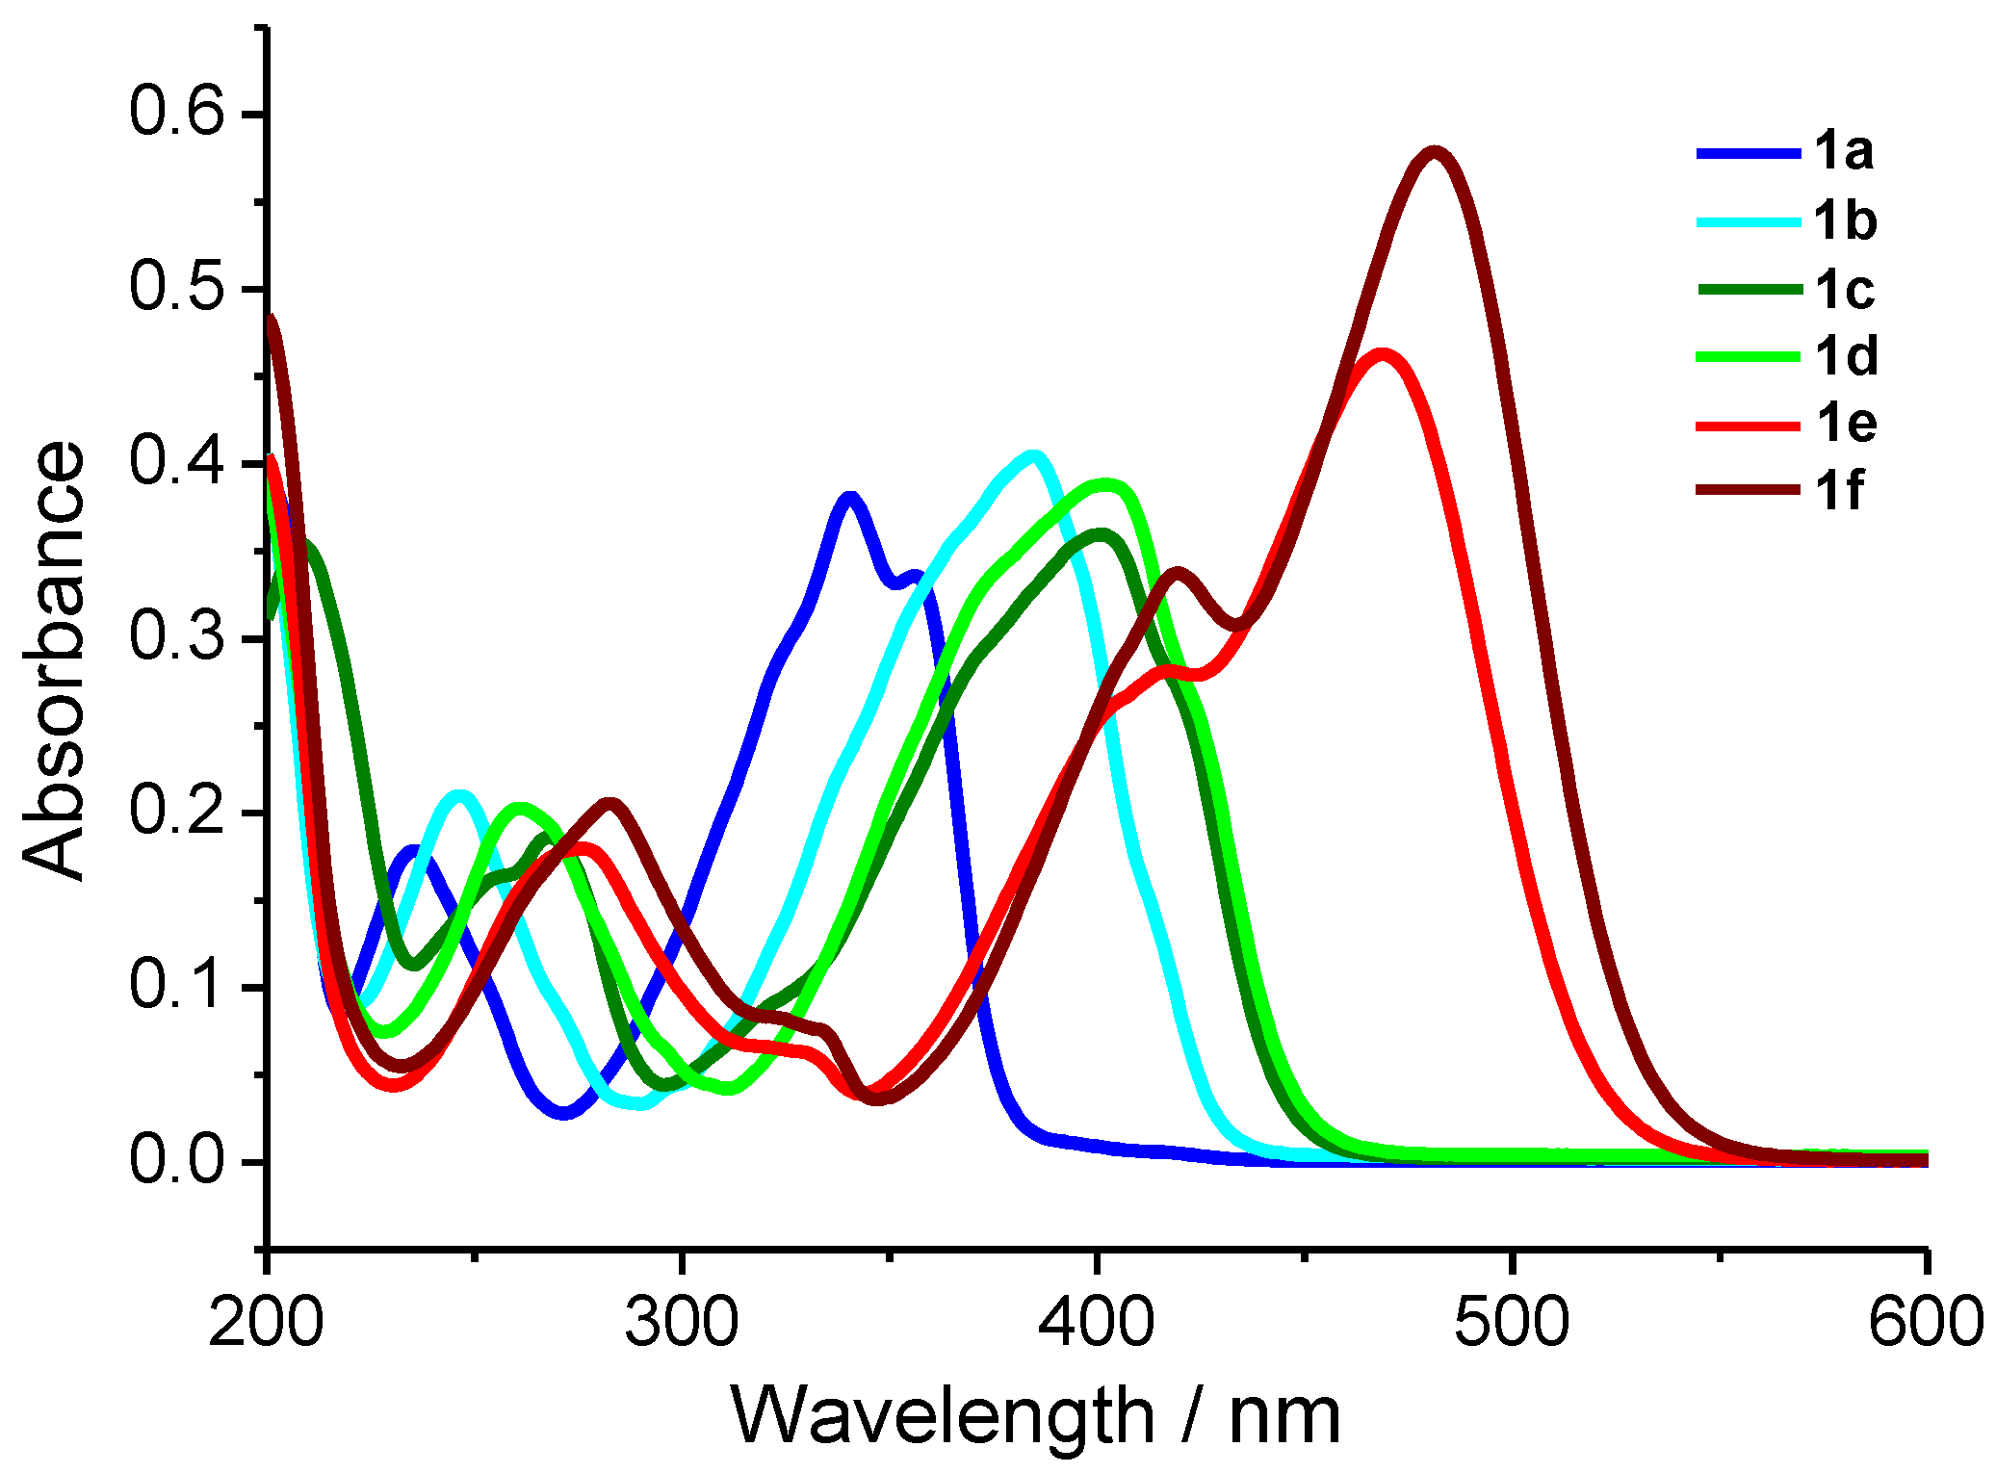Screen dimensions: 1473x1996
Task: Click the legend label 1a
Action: point(1843,152)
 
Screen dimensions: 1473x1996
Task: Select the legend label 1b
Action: point(1845,221)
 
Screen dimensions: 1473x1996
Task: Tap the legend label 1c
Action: point(1845,290)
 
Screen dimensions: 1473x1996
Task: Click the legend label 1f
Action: point(1839,491)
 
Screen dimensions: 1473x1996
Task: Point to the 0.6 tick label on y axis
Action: point(176,113)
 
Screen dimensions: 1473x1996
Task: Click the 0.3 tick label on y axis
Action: point(176,637)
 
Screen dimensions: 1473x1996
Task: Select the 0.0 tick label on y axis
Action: point(176,1161)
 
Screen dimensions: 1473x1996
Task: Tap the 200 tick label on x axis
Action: point(266,1323)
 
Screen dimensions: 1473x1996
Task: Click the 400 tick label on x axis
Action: point(1096,1323)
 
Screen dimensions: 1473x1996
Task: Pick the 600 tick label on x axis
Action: point(1926,1323)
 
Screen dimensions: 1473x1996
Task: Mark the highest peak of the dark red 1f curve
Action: point(1435,151)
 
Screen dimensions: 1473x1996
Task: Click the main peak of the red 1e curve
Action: point(1383,353)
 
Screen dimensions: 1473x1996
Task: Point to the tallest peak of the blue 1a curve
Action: point(849,497)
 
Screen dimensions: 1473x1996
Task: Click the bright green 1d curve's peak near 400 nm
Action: point(1105,482)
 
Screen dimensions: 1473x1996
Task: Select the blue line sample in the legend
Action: point(1747,153)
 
